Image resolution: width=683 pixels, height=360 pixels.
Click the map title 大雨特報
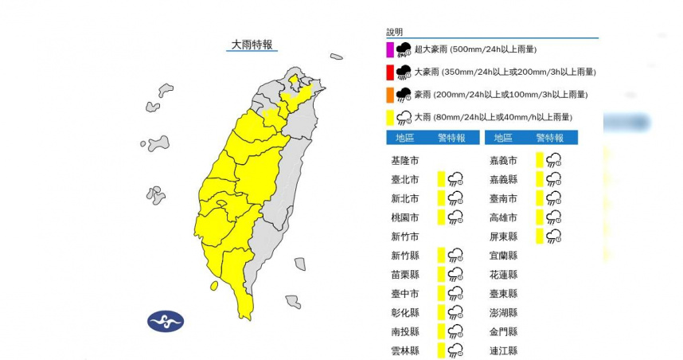[x=251, y=45]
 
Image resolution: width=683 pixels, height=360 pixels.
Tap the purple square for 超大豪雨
[x=390, y=49]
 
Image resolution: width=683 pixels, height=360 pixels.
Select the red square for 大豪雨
[x=390, y=72]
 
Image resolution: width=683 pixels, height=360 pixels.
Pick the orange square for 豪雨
[x=390, y=95]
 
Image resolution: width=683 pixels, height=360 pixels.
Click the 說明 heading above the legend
[x=395, y=32]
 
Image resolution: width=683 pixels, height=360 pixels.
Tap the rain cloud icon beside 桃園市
[x=456, y=217]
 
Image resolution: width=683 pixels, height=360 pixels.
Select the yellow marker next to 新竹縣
[x=440, y=255]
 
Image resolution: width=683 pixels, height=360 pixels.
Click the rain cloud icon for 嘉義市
[x=554, y=160]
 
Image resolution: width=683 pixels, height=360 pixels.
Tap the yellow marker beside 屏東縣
[x=539, y=236]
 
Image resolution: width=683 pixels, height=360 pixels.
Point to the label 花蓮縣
[x=505, y=274]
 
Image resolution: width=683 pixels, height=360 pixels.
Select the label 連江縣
[x=505, y=350]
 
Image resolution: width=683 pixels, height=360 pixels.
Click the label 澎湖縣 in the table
[x=505, y=312]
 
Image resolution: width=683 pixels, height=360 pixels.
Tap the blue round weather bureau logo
[x=166, y=321]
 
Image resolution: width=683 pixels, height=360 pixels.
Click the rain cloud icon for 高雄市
[x=554, y=217]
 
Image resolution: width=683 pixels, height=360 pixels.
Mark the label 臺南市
[x=505, y=198]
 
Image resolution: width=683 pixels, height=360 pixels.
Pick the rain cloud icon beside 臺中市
[x=456, y=293]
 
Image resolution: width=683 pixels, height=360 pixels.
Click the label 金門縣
[x=505, y=331]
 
